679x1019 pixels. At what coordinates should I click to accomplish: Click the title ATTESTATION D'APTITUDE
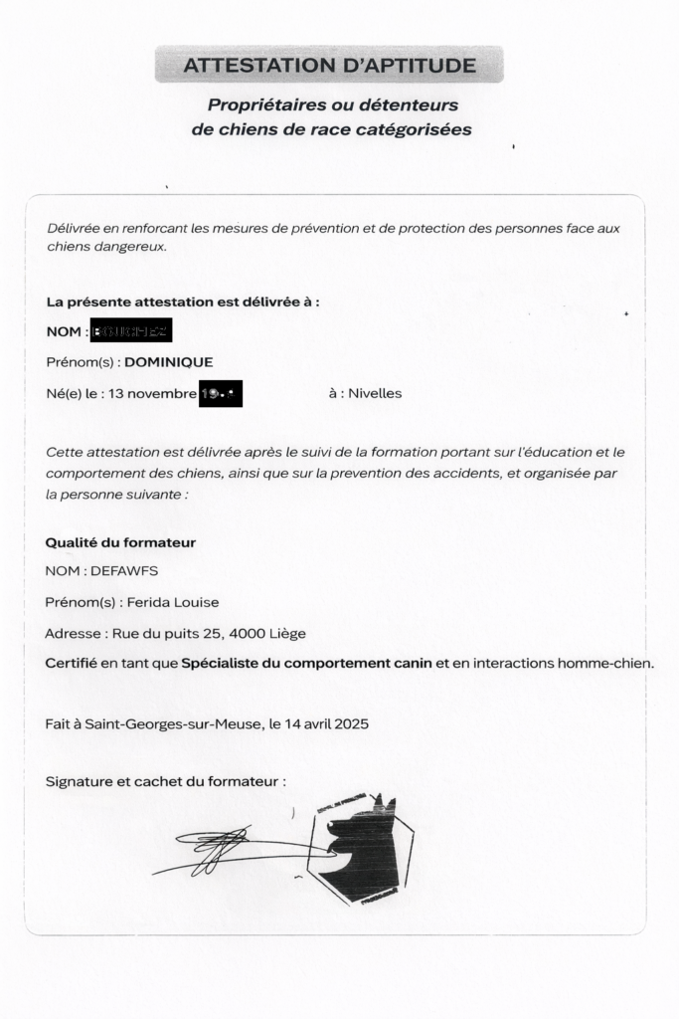tap(329, 66)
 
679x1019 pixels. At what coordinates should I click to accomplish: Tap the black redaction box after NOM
tap(131, 331)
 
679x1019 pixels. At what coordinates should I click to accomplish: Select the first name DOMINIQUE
tap(169, 362)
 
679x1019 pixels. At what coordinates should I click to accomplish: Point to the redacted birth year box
tap(221, 393)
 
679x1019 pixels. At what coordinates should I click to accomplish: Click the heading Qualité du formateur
tap(120, 542)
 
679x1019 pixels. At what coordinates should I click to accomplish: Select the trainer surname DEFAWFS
tap(124, 571)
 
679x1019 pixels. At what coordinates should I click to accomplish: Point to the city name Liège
tap(287, 633)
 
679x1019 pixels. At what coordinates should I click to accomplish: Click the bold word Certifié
tap(71, 663)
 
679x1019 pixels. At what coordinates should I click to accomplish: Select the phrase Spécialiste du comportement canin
tap(306, 663)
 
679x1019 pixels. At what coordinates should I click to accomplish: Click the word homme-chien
tap(606, 663)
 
